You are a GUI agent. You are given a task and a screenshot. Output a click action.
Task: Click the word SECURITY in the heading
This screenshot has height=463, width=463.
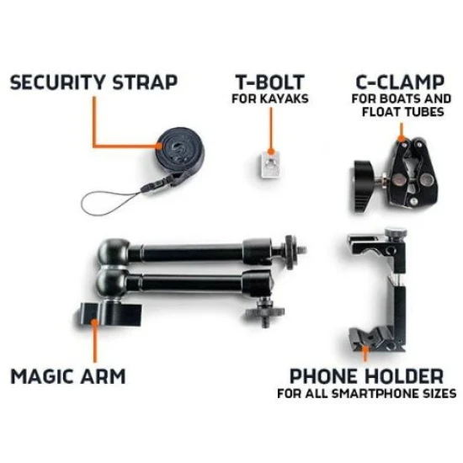point(57,82)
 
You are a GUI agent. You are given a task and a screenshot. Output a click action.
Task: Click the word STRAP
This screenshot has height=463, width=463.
point(145,82)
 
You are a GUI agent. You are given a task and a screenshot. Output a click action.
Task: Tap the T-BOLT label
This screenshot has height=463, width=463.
point(270,82)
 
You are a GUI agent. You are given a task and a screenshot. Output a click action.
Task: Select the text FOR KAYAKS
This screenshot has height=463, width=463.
point(270,98)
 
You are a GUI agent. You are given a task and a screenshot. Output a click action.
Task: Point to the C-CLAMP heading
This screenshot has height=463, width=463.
point(400,82)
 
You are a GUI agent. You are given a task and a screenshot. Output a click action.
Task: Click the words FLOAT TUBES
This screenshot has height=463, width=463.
point(402,112)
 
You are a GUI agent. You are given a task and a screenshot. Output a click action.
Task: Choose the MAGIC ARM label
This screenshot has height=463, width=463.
point(68,376)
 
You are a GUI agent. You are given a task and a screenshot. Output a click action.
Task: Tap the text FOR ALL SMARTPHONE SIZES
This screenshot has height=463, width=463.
point(367,394)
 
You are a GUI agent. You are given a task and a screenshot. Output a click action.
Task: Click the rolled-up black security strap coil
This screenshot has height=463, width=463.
point(180,147)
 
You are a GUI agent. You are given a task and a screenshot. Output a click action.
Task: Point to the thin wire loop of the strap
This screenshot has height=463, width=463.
point(112,203)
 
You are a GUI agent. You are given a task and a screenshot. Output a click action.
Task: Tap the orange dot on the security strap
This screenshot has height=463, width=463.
point(159,146)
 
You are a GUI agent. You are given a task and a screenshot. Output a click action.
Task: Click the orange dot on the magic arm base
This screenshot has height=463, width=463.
point(94,322)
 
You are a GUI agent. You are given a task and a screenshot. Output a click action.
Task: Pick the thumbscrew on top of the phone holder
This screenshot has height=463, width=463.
point(396,233)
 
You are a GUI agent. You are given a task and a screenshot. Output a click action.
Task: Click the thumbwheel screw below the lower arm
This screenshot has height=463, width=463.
point(264,312)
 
